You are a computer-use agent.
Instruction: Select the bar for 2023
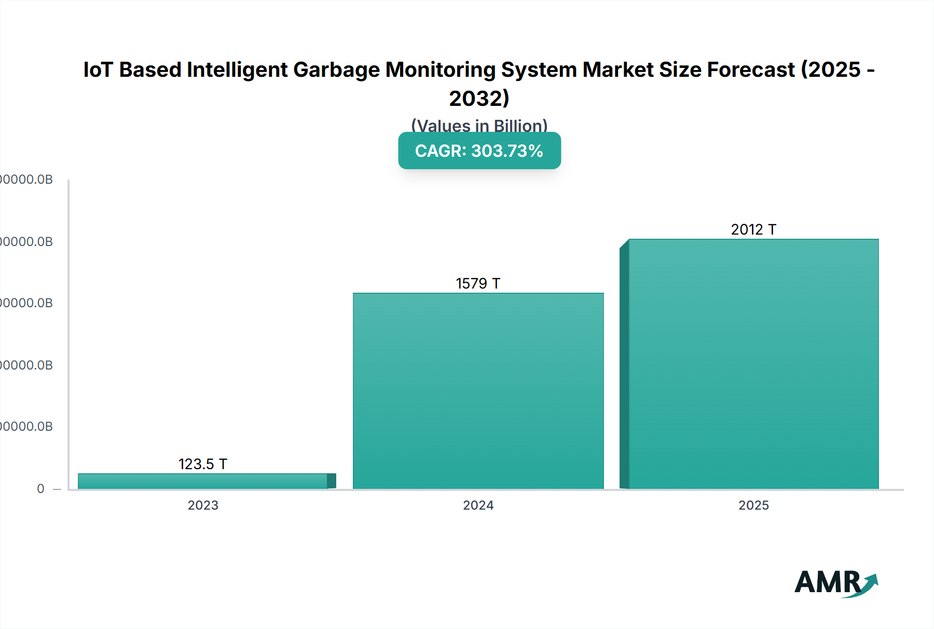click(203, 481)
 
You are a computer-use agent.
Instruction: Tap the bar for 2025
click(753, 363)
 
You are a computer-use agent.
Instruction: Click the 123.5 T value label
click(203, 464)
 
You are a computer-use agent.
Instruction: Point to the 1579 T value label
click(478, 283)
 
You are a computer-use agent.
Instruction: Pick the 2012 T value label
click(753, 229)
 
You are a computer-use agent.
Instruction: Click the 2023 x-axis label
click(203, 505)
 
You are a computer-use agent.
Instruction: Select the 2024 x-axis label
click(478, 505)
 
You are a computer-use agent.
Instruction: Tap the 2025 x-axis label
click(753, 505)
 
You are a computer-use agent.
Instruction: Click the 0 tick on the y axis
click(40, 488)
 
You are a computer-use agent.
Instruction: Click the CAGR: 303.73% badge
click(479, 151)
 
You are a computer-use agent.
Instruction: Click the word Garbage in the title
click(336, 70)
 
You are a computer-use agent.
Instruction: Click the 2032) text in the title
click(479, 98)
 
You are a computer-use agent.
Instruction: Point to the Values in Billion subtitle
click(479, 126)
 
